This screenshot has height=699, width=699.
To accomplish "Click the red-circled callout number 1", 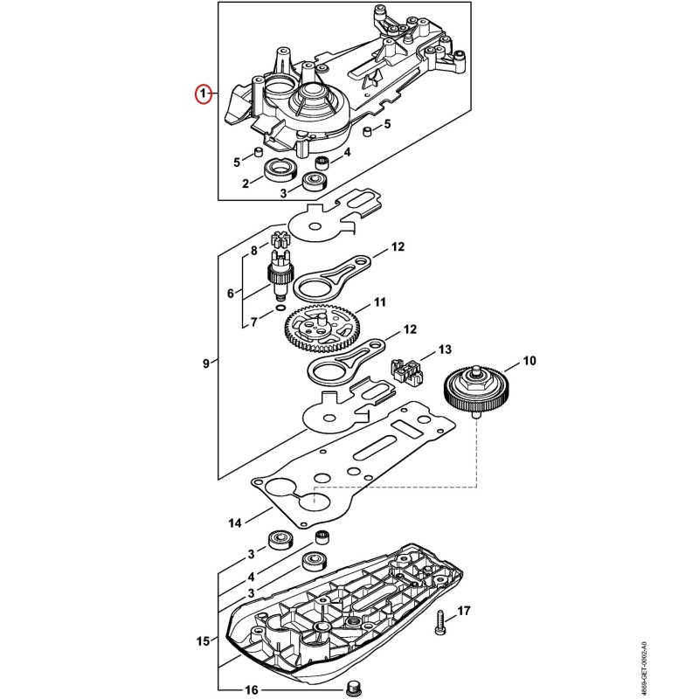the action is (204, 94).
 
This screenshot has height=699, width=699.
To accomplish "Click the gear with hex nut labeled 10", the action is (475, 391).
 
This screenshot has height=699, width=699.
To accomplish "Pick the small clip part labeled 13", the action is (406, 372).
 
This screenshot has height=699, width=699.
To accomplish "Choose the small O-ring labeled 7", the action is (280, 308).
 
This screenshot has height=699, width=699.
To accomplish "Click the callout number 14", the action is (235, 523).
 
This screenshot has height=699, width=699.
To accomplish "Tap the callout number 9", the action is (205, 363).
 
